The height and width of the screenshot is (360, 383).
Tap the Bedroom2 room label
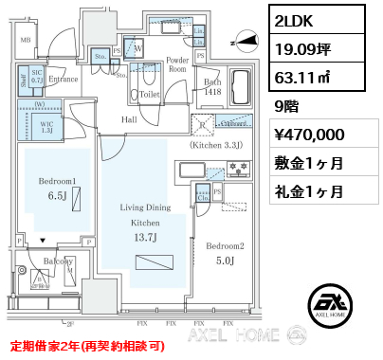click(227, 247)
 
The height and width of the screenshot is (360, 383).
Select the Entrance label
click(64, 81)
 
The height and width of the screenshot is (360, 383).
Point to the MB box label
click(26, 40)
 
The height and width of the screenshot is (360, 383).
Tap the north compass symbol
click(245, 41)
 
